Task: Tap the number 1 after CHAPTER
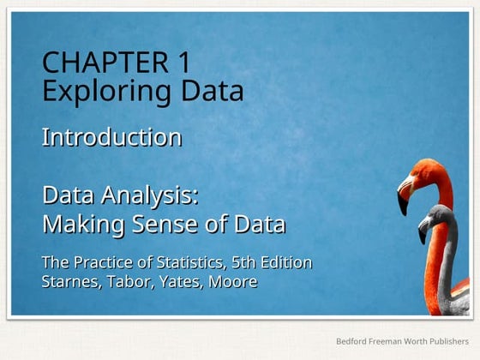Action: click(185, 63)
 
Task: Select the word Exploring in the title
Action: click(92, 90)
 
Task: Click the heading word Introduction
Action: click(111, 137)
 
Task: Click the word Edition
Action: click(286, 262)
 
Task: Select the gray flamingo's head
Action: click(438, 215)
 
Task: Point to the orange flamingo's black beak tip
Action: click(403, 207)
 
